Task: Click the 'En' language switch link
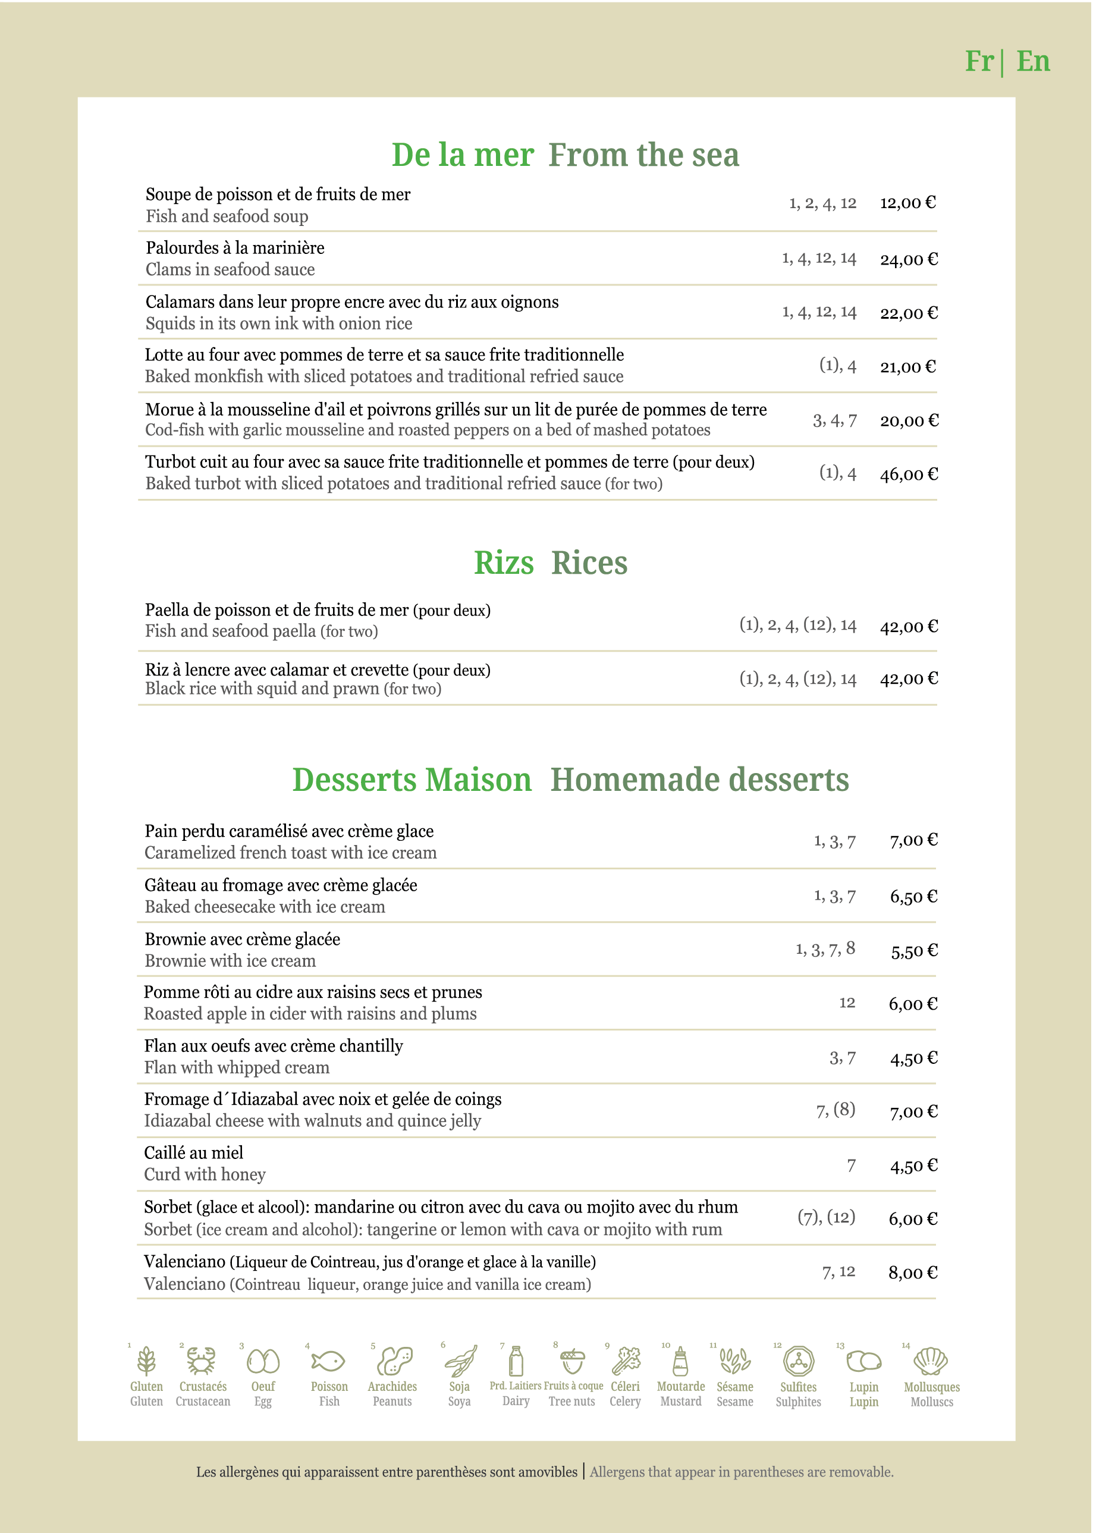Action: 1032,61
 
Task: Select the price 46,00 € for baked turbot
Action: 909,475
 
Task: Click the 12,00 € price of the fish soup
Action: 907,203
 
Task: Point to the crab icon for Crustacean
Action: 201,1360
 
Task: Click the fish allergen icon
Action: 328,1361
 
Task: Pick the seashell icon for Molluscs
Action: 931,1361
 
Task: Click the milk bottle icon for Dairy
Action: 516,1361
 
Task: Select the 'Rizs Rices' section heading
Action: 550,563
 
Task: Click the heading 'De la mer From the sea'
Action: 565,155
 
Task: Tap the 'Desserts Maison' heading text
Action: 412,780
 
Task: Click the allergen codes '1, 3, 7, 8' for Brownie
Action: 825,949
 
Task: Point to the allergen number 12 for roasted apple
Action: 847,1003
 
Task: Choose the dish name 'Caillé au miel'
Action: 194,1153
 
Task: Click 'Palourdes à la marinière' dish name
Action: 235,247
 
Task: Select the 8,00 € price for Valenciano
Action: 913,1273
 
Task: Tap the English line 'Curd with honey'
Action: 205,1174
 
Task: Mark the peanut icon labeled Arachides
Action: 394,1361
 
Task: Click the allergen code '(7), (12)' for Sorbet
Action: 826,1217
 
